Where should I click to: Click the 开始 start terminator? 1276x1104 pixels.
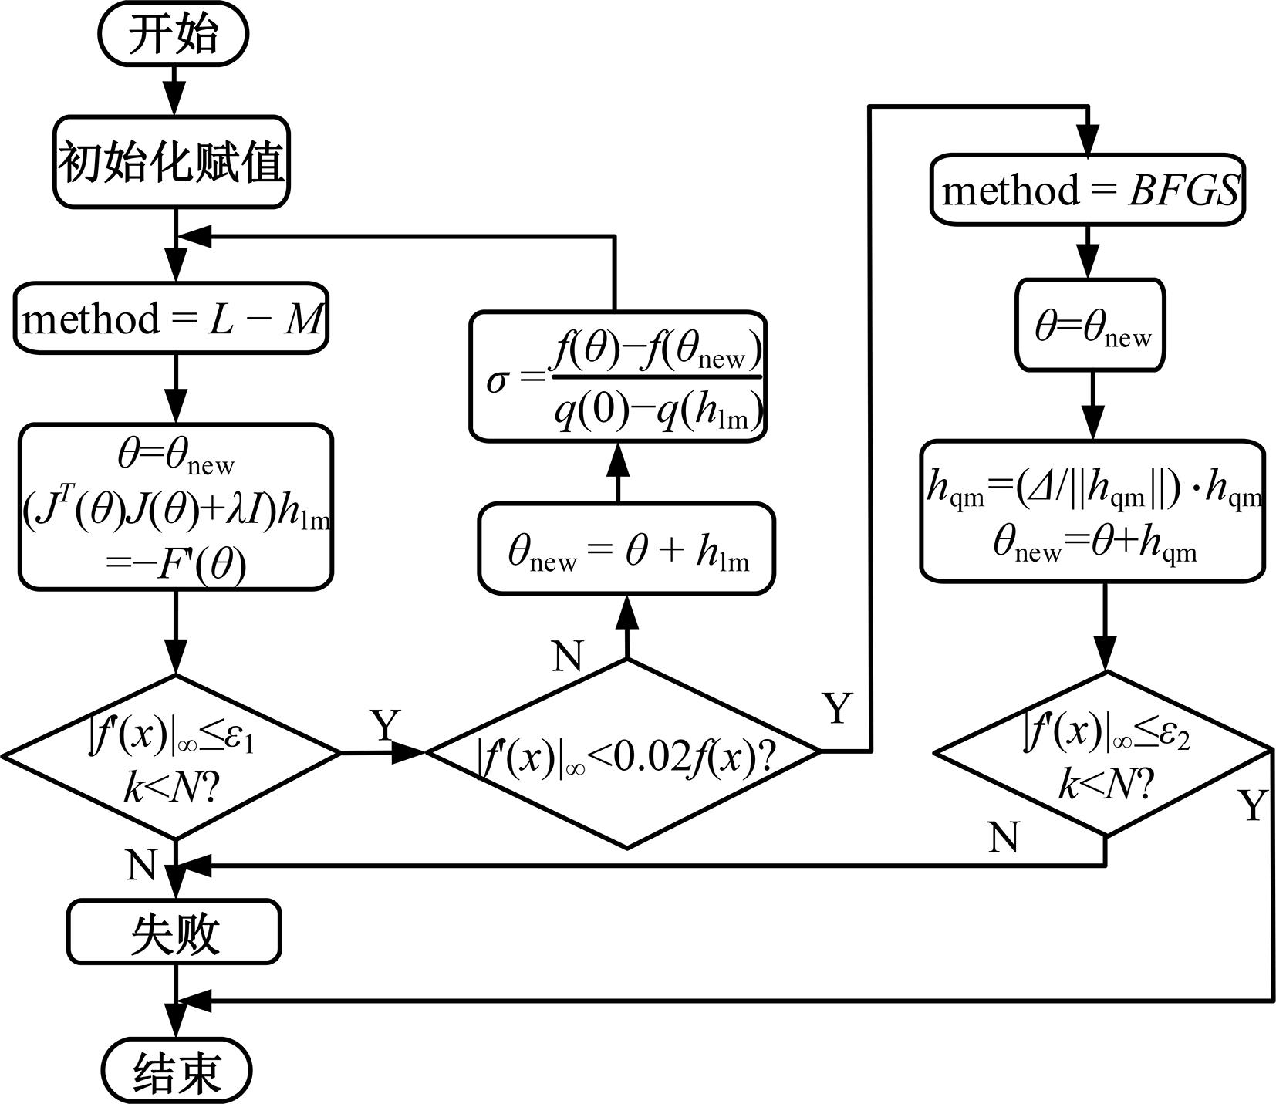tap(173, 35)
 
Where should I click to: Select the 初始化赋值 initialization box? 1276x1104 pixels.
tap(171, 163)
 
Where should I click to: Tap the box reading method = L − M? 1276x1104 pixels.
tap(171, 319)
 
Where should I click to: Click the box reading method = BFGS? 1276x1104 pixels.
tap(1087, 191)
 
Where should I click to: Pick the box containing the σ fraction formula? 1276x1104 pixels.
tap(618, 377)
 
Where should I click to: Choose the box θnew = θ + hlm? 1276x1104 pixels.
tap(626, 549)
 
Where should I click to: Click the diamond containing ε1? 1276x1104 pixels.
tap(171, 756)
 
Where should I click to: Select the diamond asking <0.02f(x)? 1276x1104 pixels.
tap(623, 755)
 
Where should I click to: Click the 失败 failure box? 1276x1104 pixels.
tap(174, 931)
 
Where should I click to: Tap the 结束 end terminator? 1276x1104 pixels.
tap(177, 1071)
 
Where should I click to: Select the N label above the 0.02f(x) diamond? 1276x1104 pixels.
tap(569, 657)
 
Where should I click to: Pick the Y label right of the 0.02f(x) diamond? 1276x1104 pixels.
tap(839, 707)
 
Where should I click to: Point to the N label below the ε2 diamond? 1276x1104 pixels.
tap(1003, 836)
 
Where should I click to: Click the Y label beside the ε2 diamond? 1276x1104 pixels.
tap(1254, 805)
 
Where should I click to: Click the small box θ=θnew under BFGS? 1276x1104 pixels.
tap(1090, 325)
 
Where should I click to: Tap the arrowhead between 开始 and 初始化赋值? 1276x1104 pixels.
tap(175, 100)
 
